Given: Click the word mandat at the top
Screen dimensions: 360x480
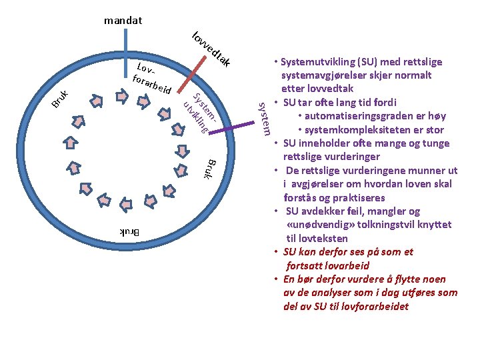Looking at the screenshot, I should pyautogui.click(x=123, y=21).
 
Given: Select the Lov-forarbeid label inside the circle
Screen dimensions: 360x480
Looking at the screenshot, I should pyautogui.click(x=152, y=79).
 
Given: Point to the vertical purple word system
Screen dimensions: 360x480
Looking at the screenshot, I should pyautogui.click(x=265, y=117).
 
